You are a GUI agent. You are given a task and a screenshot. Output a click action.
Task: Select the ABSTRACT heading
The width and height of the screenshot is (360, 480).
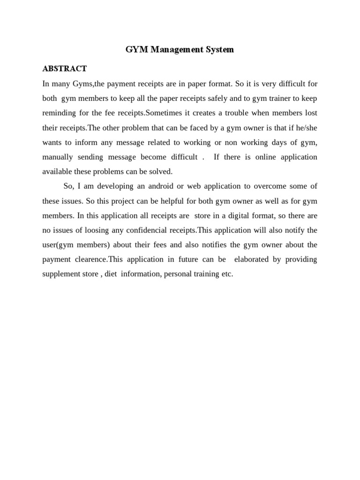point(64,69)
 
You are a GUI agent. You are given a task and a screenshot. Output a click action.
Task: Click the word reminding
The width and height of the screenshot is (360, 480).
point(60,112)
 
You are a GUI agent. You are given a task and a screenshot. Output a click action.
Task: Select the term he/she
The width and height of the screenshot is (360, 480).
point(305,127)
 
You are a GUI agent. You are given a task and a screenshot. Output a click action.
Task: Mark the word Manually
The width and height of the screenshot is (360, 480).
point(59,157)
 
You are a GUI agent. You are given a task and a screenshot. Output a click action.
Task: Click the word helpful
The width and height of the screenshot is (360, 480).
point(154,201)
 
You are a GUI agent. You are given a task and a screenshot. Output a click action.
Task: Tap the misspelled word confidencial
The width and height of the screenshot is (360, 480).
point(150,230)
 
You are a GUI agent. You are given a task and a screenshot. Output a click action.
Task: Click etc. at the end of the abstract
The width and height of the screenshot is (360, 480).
point(226,274)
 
